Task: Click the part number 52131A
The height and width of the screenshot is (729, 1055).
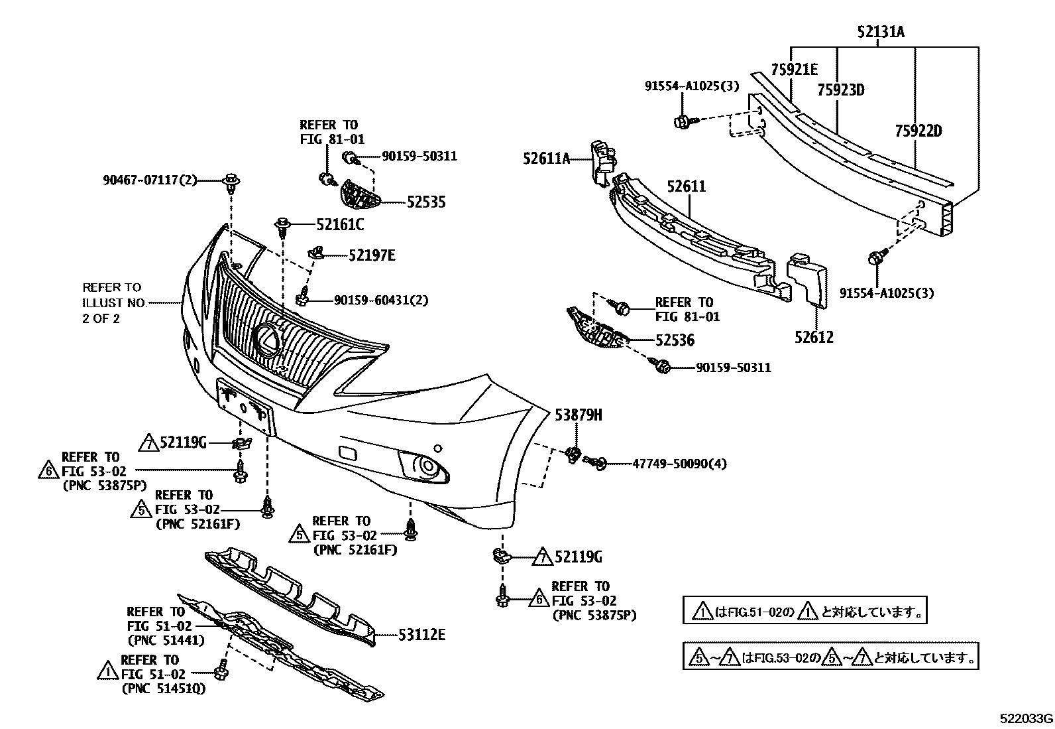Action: [x=881, y=31]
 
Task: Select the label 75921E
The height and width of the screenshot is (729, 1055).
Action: [x=794, y=70]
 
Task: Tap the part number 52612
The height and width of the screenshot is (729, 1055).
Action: [x=814, y=337]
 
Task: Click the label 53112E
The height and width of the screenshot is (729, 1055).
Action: [x=421, y=635]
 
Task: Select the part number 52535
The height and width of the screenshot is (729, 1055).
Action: [x=426, y=202]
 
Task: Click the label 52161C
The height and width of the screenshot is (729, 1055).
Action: [x=339, y=225]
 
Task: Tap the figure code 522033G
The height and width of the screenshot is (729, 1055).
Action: [x=1027, y=719]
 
